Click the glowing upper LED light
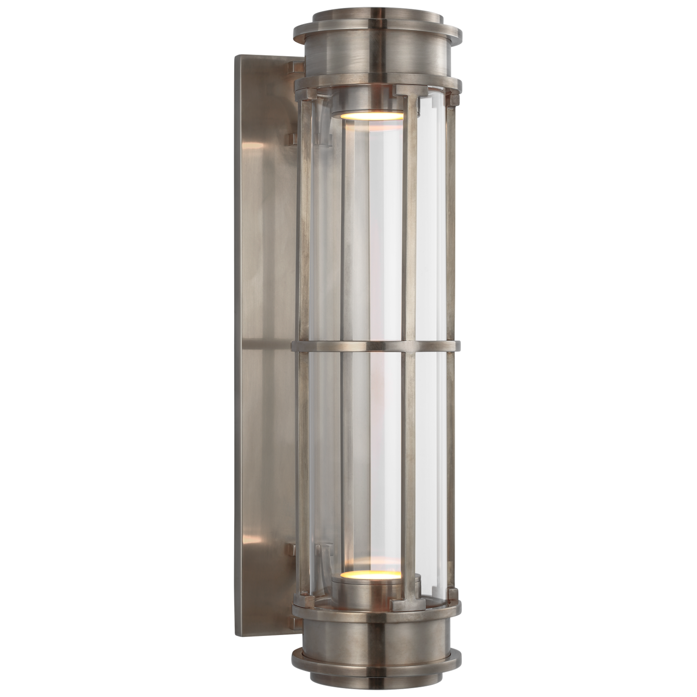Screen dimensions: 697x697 [x=367, y=115]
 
